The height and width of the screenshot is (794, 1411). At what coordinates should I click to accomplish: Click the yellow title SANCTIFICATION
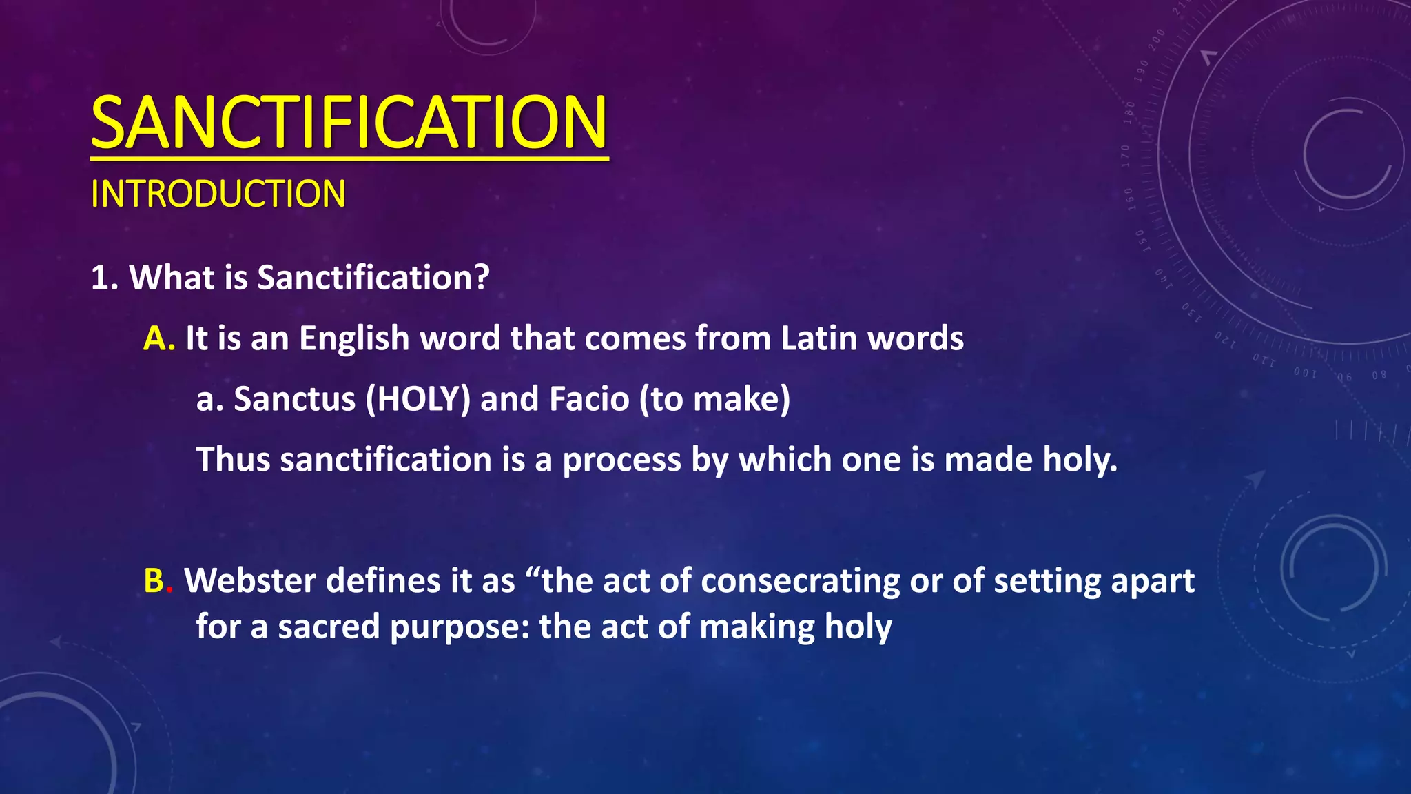pyautogui.click(x=349, y=123)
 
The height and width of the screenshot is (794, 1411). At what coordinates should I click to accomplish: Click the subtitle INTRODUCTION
pyautogui.click(x=218, y=194)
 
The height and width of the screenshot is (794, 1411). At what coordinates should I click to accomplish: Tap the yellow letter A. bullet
pyautogui.click(x=158, y=338)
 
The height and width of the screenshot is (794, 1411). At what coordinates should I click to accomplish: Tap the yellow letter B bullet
pyautogui.click(x=154, y=580)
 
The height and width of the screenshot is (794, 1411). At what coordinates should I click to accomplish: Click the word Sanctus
pyautogui.click(x=294, y=399)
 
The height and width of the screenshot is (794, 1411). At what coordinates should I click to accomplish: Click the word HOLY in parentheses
pyautogui.click(x=418, y=399)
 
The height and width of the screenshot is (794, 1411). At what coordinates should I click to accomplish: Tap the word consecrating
pyautogui.click(x=801, y=581)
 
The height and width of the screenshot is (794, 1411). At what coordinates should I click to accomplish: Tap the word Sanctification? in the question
pyautogui.click(x=373, y=278)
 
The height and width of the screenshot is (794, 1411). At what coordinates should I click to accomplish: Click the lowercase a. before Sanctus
pyautogui.click(x=209, y=400)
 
